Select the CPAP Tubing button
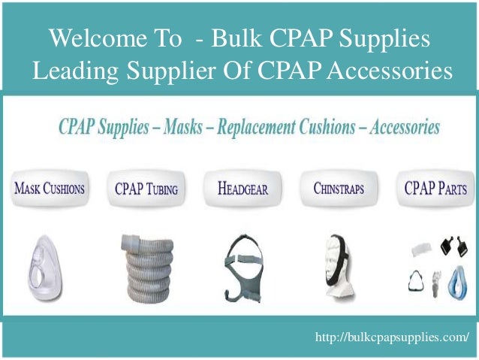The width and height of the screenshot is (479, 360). [146, 189]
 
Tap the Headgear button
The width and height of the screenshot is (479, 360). [243, 189]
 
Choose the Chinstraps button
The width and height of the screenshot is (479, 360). [339, 189]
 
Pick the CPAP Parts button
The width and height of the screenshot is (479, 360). [434, 188]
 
